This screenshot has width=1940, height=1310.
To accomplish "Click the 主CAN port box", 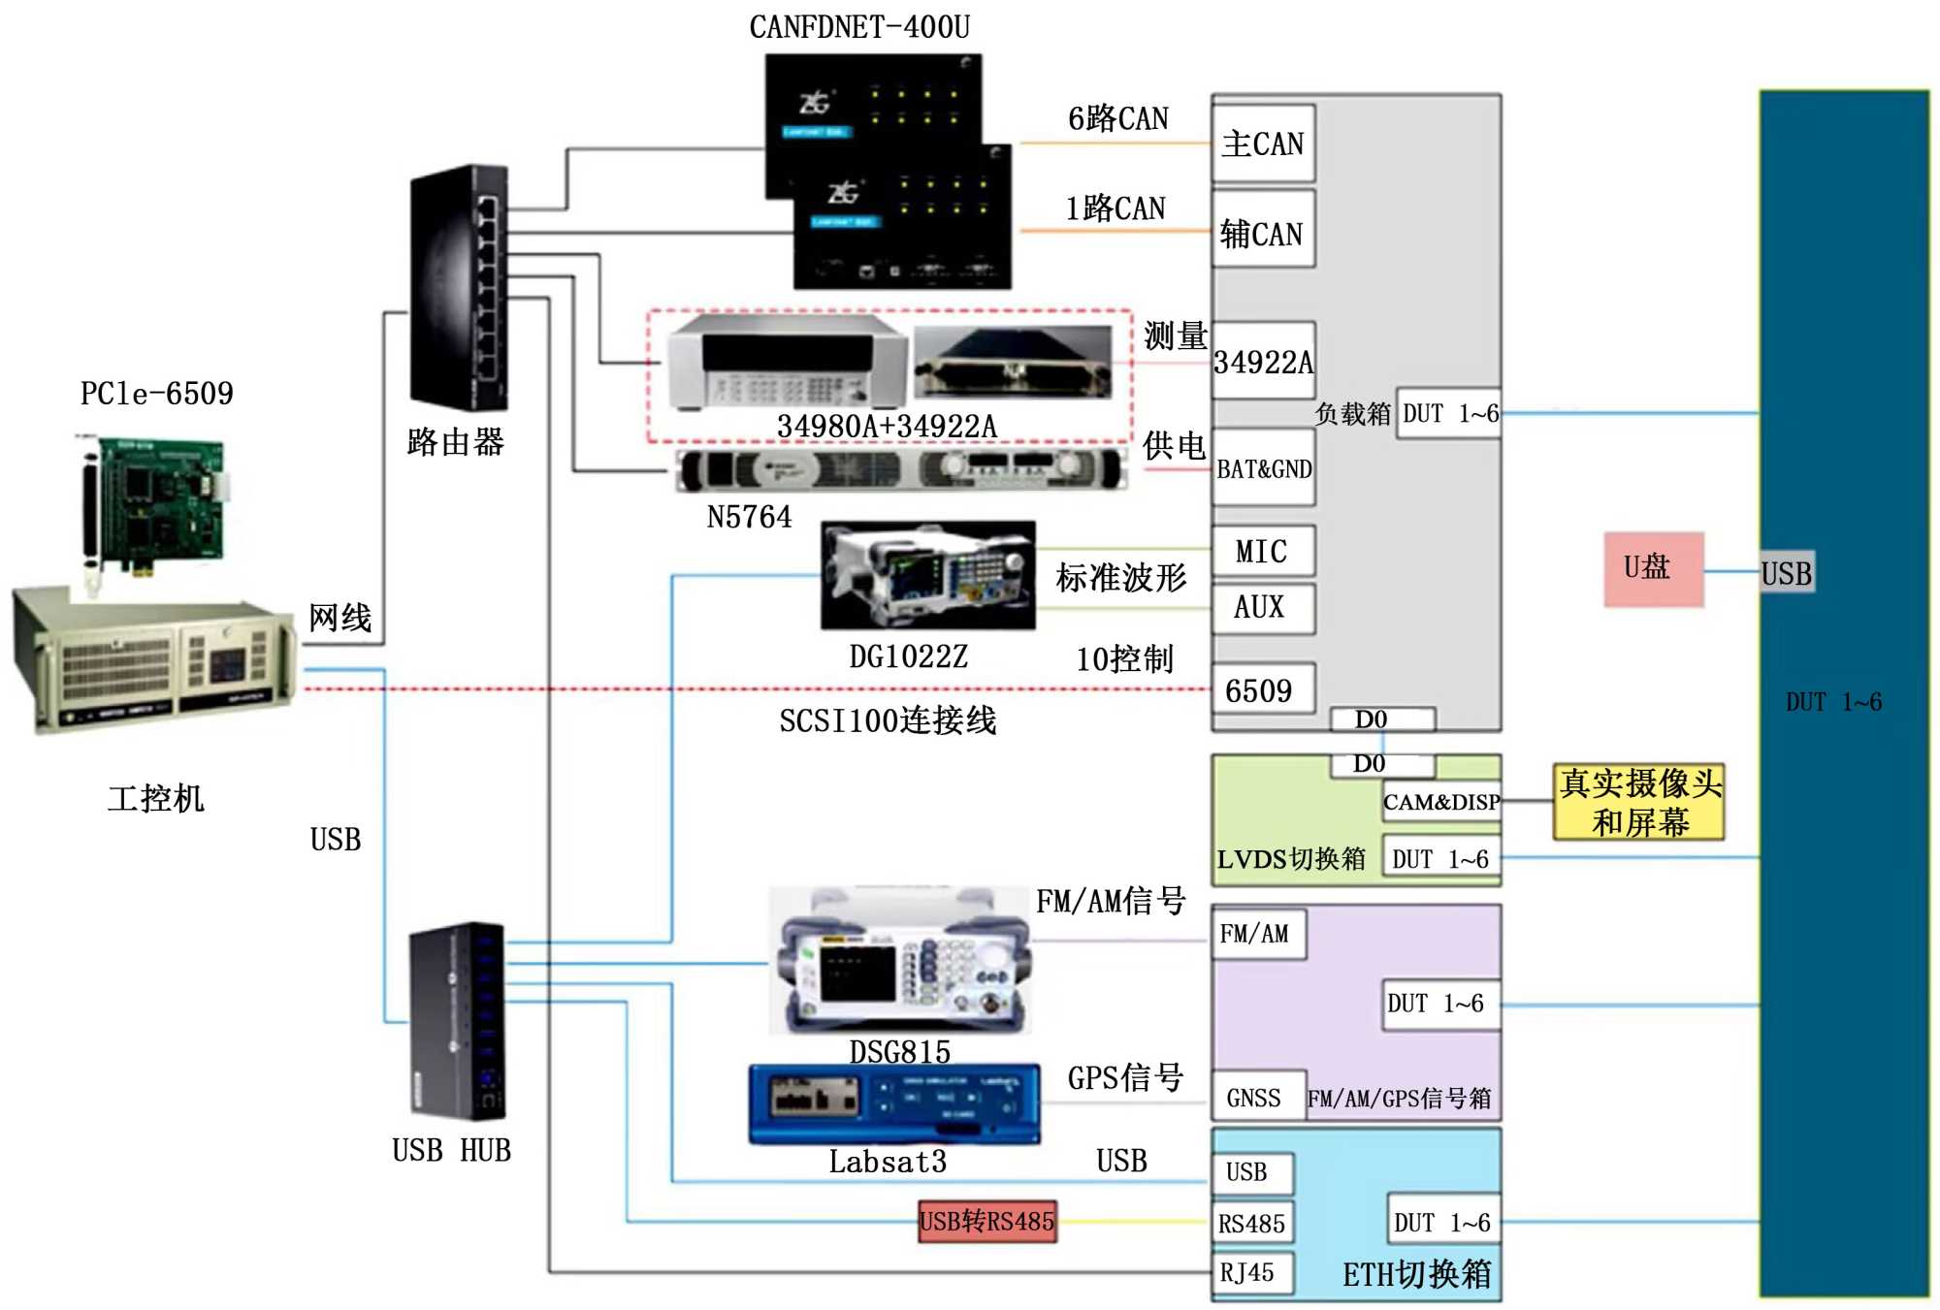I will pos(1263,144).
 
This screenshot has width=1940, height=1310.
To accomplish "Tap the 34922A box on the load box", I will pos(1263,361).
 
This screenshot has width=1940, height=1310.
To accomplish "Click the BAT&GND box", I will pos(1263,468).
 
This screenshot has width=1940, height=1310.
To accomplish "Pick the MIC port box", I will pos(1263,551).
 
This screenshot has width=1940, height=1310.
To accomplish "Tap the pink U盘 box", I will pos(1653,569).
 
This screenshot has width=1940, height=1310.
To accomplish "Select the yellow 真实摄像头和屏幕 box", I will pos(1639,802).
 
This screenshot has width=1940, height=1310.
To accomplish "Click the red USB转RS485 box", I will pos(987,1221).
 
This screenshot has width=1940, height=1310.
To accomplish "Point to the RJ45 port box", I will pos(1251,1272).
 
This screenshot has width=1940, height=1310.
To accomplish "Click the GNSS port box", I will pos(1256,1098).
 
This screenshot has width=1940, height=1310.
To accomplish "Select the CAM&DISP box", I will pos(1441,802).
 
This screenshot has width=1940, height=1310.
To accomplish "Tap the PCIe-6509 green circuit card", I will pos(155,504).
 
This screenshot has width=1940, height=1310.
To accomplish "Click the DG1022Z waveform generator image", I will pos(927,575).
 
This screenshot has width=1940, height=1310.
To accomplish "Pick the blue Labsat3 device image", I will pos(894,1103).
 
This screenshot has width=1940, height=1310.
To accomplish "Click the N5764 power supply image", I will pos(901,470).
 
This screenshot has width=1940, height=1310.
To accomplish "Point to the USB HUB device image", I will pos(457,1020).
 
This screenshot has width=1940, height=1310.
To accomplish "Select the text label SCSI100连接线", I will pos(888,720).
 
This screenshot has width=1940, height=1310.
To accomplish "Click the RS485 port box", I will pos(1251,1223).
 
